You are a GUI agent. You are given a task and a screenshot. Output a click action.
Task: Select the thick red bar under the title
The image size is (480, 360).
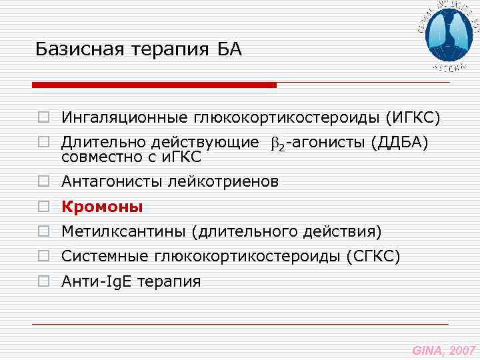pos(155,85)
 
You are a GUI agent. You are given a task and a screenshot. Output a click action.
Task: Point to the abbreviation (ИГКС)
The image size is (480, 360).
pos(413,118)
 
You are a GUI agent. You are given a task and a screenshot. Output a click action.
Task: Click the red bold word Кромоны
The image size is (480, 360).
pos(102,207)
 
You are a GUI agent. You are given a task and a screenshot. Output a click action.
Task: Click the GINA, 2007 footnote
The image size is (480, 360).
pos(443,349)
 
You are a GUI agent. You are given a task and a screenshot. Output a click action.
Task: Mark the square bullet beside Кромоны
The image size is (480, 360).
pos(43,207)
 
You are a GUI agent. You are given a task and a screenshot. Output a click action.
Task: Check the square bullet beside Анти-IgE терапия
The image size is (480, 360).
pos(43,282)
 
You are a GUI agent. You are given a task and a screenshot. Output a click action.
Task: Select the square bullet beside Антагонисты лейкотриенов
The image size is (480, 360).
pos(43,182)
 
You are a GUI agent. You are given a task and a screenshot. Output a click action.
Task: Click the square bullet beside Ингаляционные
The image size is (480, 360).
pos(43,119)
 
